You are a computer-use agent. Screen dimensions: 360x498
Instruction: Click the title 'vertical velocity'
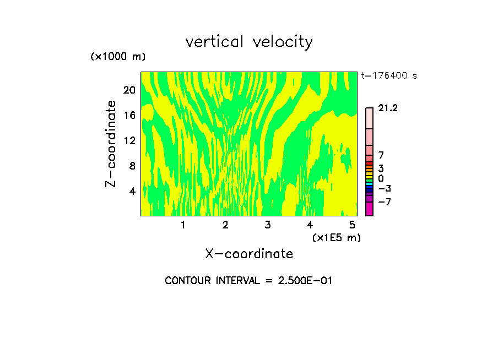249,42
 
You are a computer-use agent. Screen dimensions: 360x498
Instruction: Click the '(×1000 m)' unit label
118,57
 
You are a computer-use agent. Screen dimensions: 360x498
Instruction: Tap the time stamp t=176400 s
389,75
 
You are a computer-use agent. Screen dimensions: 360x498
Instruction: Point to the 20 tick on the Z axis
129,90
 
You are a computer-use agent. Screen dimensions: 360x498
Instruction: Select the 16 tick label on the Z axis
129,115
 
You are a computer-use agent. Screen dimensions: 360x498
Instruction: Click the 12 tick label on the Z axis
129,140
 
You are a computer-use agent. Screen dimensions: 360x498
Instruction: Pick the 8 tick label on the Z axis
132,166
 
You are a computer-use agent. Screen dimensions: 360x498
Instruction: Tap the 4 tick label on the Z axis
132,191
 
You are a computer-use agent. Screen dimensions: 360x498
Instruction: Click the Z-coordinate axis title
111,144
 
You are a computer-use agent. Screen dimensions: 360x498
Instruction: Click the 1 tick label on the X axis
183,225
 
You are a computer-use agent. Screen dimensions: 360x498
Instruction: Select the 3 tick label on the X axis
267,225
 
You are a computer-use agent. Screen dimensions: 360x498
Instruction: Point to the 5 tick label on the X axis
352,225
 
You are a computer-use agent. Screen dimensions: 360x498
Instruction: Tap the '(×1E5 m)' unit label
337,237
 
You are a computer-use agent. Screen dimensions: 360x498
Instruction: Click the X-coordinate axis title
249,254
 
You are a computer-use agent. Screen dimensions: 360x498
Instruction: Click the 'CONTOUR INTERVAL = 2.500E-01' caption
249,281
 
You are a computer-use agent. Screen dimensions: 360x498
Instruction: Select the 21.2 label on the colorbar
388,108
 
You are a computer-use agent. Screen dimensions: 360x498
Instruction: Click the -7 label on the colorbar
385,202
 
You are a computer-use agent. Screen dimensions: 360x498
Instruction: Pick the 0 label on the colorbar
381,178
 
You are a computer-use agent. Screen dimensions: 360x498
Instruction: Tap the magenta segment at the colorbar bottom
369,209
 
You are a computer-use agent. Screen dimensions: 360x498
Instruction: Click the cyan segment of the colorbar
369,184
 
